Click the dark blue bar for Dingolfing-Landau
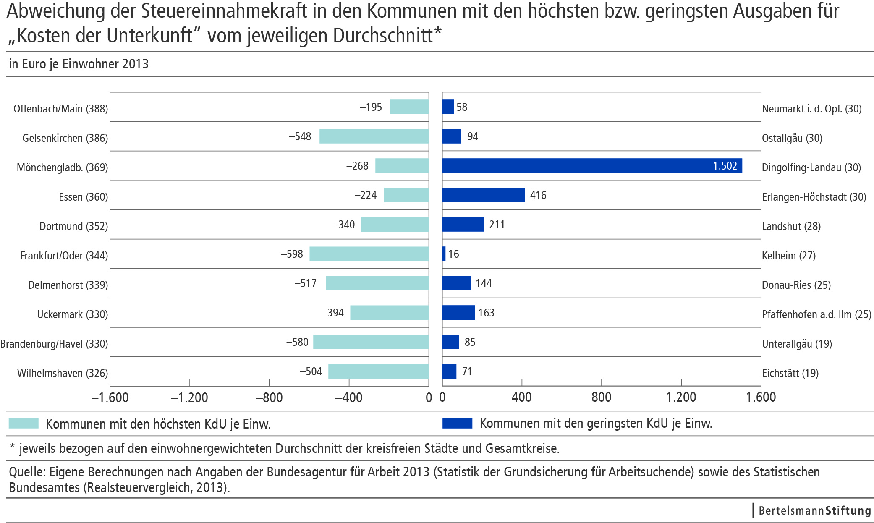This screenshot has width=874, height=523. click(592, 166)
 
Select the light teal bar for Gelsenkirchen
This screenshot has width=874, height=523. click(374, 136)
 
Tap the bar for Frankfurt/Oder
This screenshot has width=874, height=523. click(369, 254)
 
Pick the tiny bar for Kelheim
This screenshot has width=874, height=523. click(444, 254)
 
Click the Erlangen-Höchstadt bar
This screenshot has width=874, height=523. click(483, 195)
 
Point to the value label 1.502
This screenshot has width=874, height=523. click(725, 166)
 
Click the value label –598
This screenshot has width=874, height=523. click(292, 254)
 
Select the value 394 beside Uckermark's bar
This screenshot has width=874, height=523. click(335, 313)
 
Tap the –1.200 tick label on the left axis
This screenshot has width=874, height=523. click(189, 397)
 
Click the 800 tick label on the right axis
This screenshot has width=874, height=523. click(601, 397)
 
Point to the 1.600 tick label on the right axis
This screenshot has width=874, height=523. click(760, 397)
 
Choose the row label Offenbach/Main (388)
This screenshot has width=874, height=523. click(60, 109)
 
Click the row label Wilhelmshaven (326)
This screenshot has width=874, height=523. click(62, 373)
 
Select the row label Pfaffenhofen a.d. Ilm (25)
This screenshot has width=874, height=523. click(816, 314)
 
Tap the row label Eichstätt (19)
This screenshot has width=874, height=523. click(790, 373)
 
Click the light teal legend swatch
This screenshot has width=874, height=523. click(24, 424)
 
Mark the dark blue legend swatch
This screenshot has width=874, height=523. click(457, 423)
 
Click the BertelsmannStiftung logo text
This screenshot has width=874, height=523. click(814, 510)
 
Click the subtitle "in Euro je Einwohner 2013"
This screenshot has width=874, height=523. click(79, 64)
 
